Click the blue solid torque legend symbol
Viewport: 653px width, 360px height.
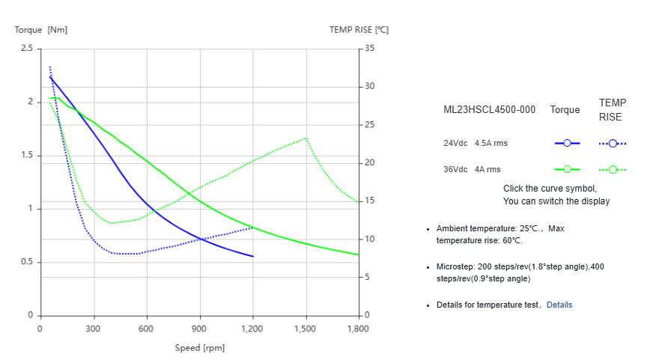(567, 143)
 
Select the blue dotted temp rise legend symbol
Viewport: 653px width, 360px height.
(613, 143)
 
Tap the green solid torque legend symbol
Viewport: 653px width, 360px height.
(567, 169)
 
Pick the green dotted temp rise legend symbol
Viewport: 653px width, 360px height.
(613, 169)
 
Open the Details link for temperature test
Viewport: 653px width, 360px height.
(559, 305)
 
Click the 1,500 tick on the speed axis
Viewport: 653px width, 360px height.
(306, 329)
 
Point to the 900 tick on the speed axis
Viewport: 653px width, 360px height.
(199, 329)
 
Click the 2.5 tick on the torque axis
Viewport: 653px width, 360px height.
(26, 49)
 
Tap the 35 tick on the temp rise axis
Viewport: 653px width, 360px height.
(369, 49)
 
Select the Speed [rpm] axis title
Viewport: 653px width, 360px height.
(199, 348)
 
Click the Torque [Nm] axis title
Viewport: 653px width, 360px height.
(41, 30)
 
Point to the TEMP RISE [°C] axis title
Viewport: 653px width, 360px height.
(359, 30)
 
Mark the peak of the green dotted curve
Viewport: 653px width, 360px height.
(306, 138)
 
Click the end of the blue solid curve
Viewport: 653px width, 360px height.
(253, 257)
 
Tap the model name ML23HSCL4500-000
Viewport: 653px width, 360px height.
(490, 109)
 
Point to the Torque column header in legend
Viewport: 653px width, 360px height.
(565, 109)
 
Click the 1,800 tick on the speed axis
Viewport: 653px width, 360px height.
(358, 329)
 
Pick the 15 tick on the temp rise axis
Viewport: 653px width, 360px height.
(369, 201)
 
